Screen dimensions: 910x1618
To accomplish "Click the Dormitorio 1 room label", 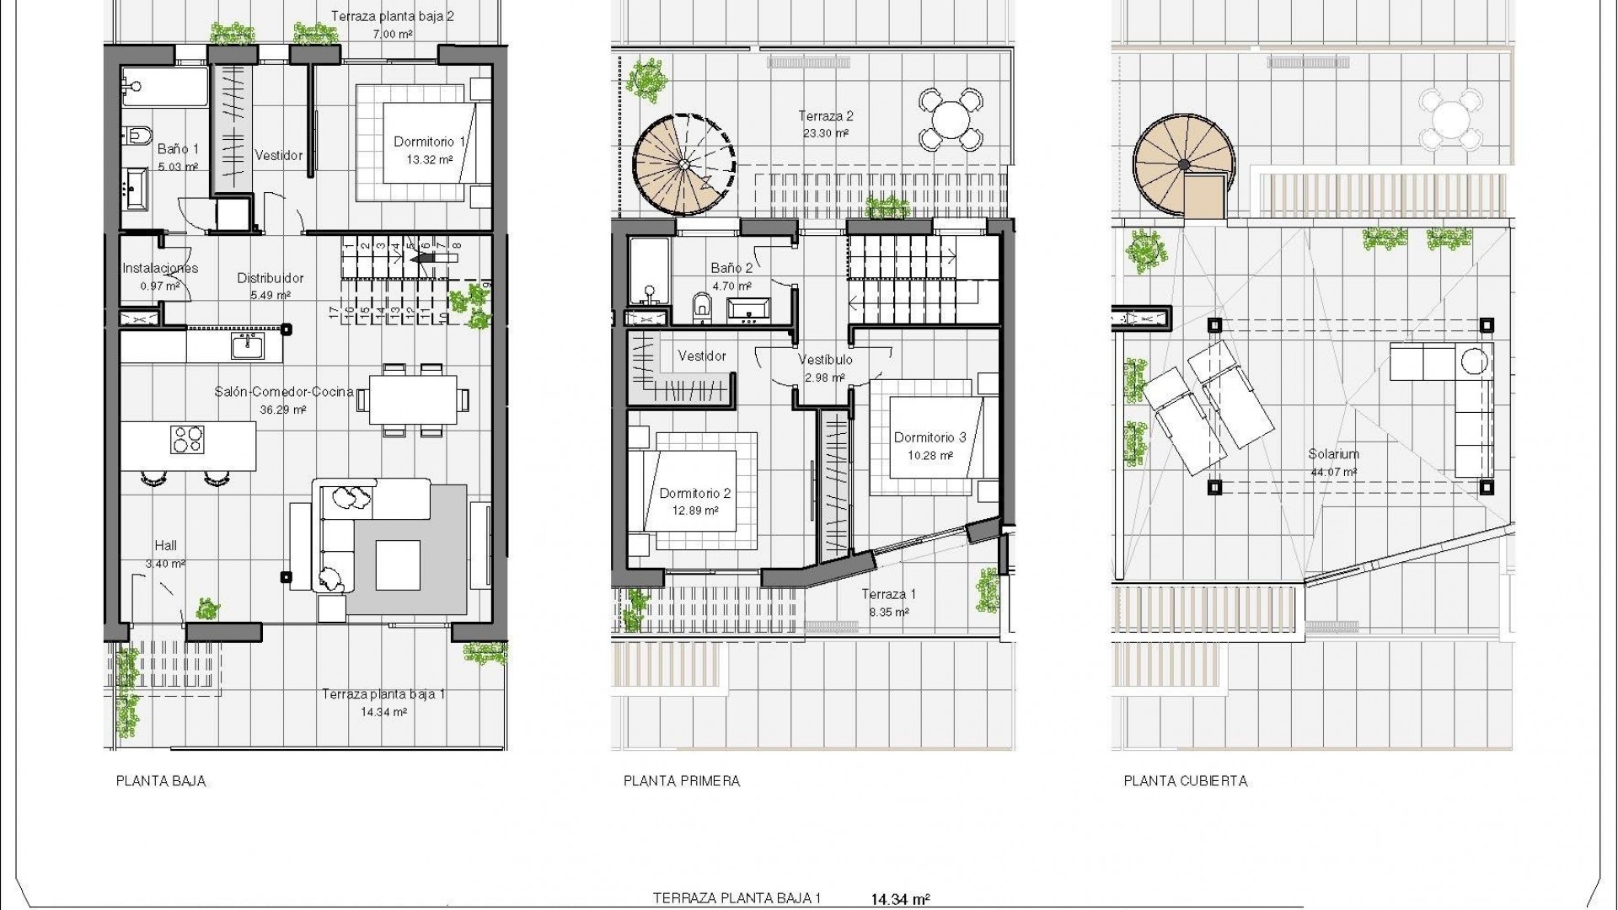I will coord(429,142).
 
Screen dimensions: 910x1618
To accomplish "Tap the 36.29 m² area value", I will coord(283,410).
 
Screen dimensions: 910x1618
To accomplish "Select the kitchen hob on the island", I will coord(187,439).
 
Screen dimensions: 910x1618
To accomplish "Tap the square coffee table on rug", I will coord(398,565).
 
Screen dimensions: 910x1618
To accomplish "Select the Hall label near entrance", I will coord(165,546).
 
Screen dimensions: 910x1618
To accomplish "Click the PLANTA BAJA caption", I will coord(161,781).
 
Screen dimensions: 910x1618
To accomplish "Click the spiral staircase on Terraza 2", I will coord(684,165).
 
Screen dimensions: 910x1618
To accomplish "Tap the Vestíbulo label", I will coord(825,360).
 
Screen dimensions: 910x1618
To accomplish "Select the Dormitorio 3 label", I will coord(930,437).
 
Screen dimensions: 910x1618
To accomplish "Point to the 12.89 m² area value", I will coord(694,511).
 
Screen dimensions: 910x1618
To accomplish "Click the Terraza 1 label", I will coord(888,594).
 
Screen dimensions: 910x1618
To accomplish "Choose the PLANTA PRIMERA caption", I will coord(682,781).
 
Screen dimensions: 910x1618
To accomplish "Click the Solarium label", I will coord(1333,454).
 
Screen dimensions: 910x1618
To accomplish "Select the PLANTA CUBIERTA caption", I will coord(1185,781).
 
